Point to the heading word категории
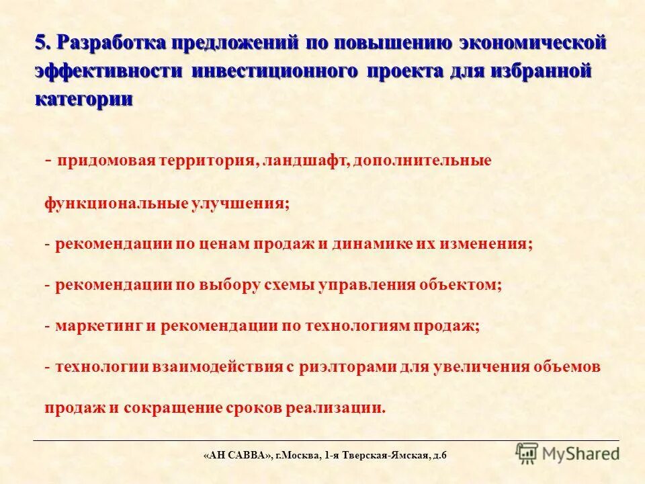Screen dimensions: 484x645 83,98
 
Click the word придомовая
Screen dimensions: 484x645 107,161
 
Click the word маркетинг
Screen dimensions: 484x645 97,326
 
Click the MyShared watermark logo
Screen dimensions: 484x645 568,453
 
